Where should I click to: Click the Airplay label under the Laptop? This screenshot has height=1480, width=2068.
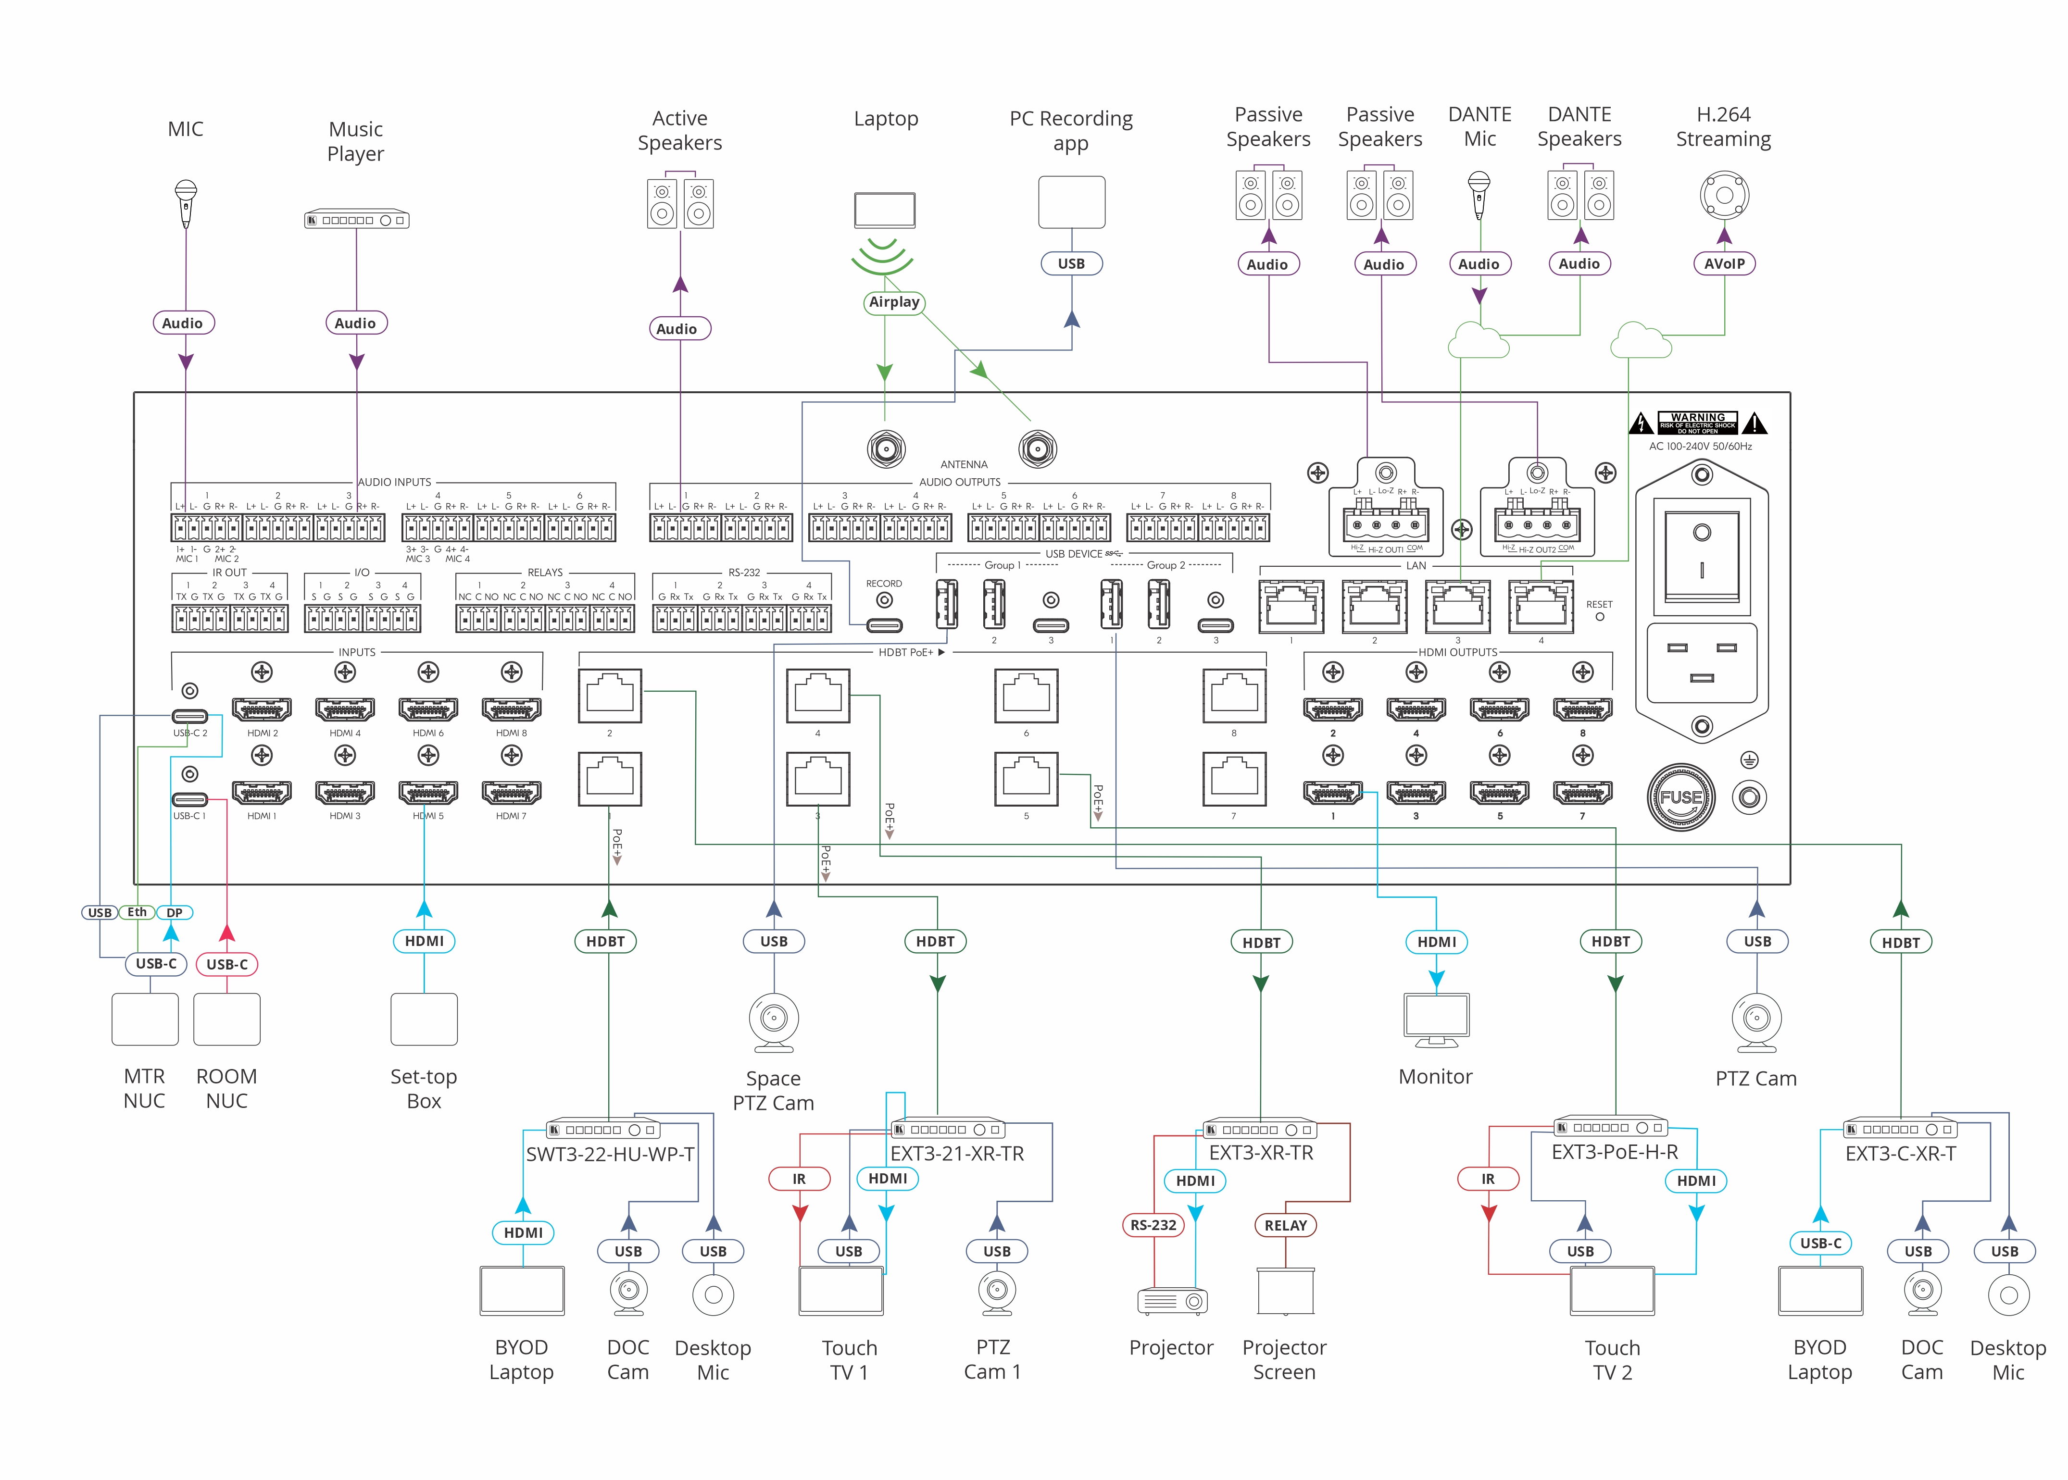click(893, 302)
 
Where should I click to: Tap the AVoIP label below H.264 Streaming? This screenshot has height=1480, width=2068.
click(1723, 263)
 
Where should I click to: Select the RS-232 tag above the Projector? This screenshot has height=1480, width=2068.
click(1153, 1225)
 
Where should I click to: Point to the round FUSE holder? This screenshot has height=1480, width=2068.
click(1680, 797)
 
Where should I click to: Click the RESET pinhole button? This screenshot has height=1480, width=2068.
click(1600, 617)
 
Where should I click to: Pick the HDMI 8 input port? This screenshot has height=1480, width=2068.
click(511, 709)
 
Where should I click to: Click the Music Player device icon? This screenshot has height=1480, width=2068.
click(356, 220)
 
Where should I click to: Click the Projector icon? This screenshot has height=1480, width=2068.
click(1172, 1301)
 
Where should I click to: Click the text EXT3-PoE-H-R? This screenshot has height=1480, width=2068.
click(1614, 1152)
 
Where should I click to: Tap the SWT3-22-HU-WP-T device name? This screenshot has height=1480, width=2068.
click(610, 1154)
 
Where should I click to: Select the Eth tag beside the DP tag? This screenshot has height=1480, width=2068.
click(137, 912)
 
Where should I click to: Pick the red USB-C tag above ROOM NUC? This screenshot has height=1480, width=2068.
click(227, 964)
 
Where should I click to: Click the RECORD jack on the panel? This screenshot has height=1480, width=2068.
click(883, 600)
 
